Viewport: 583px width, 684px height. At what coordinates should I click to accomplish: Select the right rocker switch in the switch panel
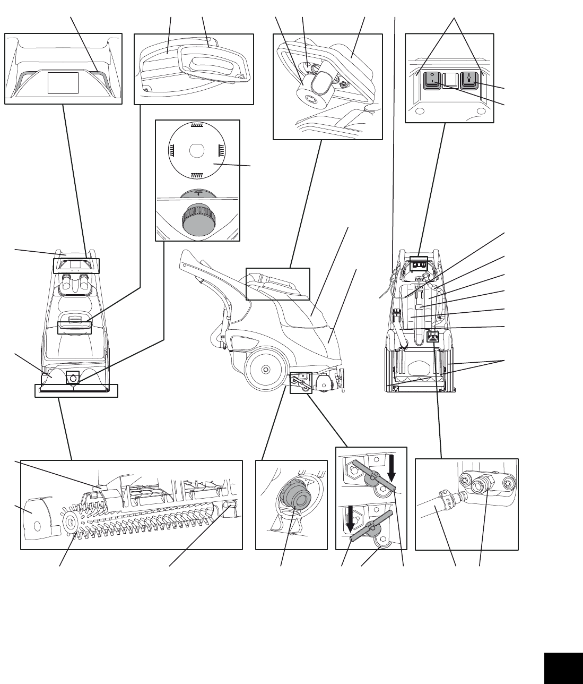(x=469, y=80)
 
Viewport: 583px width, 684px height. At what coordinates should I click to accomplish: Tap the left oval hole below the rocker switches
(x=421, y=112)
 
